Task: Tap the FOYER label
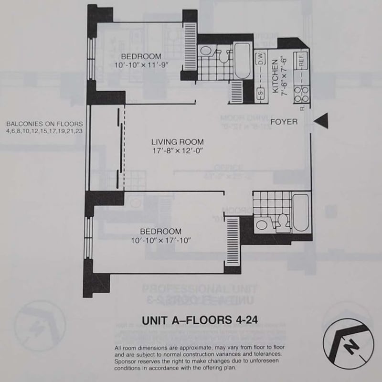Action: (284, 122)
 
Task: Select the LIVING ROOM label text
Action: (178, 142)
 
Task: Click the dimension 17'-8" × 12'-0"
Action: (178, 152)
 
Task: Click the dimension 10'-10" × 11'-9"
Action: (141, 65)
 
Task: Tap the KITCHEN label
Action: (276, 76)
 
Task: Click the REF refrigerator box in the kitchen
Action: (301, 61)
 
